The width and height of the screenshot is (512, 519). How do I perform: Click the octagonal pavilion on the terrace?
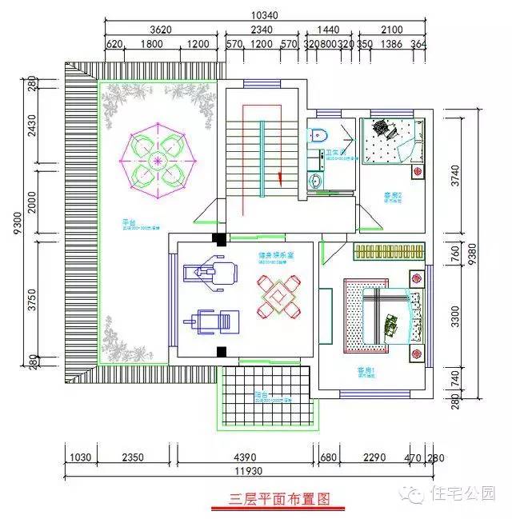tap(158, 162)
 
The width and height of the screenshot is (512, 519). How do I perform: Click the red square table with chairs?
tap(278, 297)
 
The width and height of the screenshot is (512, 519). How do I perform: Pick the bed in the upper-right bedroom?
tap(389, 142)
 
